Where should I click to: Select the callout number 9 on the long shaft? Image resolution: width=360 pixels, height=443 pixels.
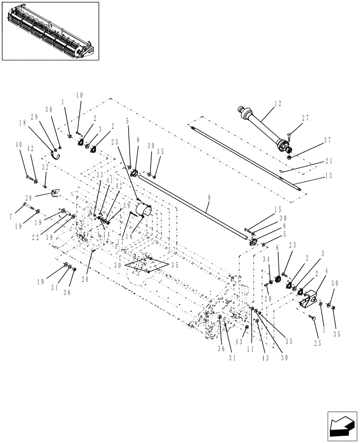pyautogui.click(x=208, y=206)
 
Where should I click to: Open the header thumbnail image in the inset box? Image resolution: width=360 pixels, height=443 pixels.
pyautogui.click(x=50, y=31)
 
